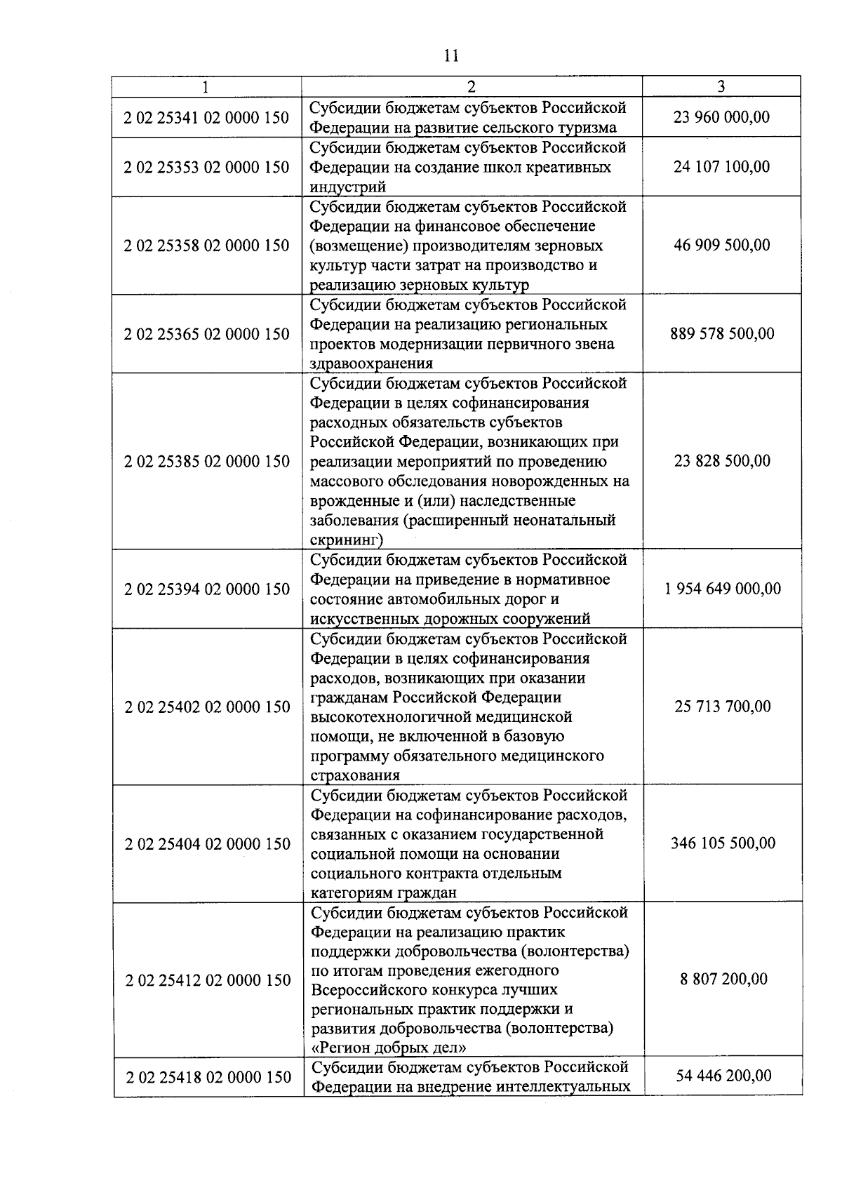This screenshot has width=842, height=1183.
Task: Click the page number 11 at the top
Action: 452,55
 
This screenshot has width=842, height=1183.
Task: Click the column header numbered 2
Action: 472,86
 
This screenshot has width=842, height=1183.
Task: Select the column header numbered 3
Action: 721,86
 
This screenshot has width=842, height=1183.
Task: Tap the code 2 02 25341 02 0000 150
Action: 206,117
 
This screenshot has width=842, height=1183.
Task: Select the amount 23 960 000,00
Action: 721,116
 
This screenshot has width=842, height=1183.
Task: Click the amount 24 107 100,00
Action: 721,166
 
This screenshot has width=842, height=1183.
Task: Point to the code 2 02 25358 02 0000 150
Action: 206,245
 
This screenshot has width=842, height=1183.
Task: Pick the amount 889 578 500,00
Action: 722,333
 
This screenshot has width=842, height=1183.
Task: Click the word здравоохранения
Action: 371,363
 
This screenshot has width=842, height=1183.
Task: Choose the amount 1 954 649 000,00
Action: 722,588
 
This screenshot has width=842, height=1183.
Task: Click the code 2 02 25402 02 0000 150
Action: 207,707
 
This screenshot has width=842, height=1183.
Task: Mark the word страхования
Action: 355,775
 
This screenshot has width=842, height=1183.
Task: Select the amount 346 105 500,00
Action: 723,843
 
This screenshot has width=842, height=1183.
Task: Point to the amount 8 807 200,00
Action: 723,979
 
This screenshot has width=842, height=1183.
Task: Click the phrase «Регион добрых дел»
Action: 389,1048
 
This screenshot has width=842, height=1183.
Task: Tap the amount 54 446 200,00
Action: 723,1076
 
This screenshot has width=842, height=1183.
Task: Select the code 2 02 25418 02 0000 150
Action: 208,1077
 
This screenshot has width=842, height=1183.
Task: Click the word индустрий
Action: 348,187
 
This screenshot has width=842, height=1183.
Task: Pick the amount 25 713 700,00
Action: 723,706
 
